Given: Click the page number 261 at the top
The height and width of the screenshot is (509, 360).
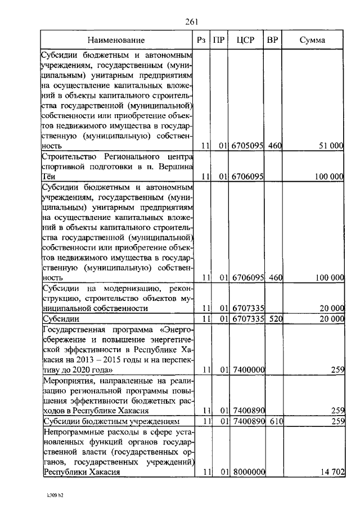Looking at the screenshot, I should (192, 22).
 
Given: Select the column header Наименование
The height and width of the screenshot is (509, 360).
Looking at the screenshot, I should (116, 40).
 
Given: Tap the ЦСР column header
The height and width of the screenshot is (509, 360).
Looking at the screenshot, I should (246, 40).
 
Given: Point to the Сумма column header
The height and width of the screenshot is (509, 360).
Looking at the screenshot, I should (312, 40).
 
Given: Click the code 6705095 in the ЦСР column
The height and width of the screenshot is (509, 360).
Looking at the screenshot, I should (247, 146).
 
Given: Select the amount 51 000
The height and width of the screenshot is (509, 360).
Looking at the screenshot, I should (330, 146).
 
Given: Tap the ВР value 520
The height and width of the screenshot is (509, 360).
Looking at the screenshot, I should (274, 319).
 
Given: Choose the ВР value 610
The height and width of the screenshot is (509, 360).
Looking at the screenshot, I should (274, 421).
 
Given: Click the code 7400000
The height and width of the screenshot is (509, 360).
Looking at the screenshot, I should (247, 370).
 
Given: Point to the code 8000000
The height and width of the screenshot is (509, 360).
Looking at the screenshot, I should (247, 472).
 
